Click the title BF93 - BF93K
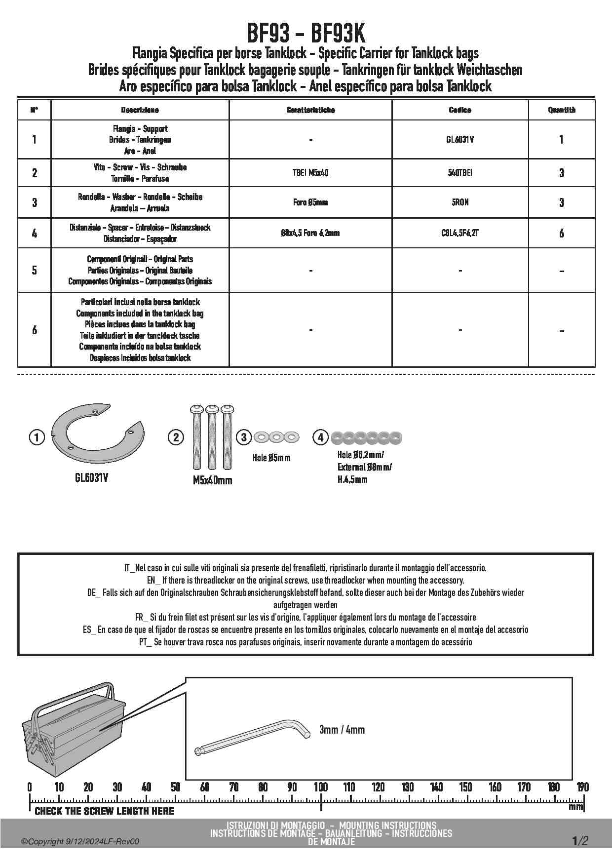pos(306,35)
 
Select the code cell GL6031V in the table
pos(459,140)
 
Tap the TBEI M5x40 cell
pos(310,173)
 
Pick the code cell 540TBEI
pos(459,173)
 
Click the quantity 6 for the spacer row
pos(561,233)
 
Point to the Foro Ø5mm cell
pos(310,202)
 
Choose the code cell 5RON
pos(459,202)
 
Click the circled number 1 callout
pos(37,437)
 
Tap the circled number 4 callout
pos(320,437)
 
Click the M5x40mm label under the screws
pos(212,480)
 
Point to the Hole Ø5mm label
pos(271,458)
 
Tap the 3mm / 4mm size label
pos(342,730)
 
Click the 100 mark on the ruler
pos(321,787)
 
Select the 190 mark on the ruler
pos(582,787)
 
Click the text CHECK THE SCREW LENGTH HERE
pos(104,811)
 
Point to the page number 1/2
pos(580,840)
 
